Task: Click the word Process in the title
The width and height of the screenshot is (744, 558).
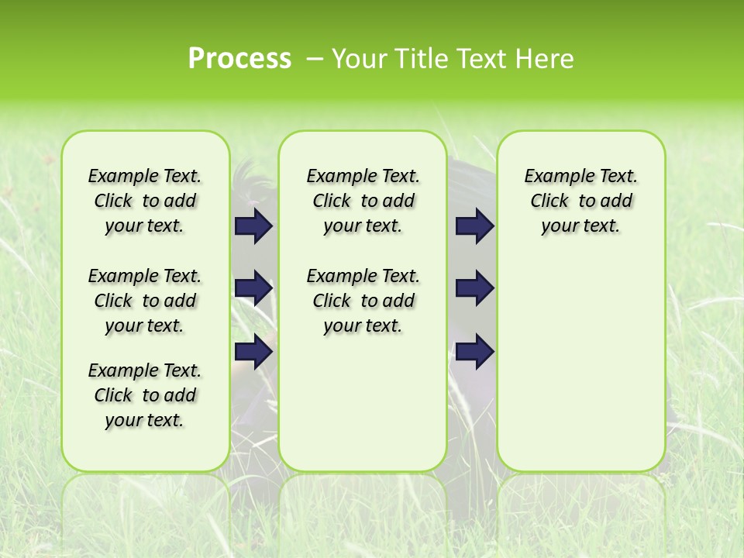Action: tap(239, 59)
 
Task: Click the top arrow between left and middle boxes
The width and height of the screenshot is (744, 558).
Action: tap(253, 226)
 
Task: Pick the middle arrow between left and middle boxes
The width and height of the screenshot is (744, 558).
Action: tap(253, 288)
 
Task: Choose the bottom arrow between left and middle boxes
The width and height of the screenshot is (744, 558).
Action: tap(253, 351)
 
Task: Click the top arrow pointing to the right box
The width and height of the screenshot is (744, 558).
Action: tap(475, 226)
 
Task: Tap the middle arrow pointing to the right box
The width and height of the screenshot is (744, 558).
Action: tap(475, 288)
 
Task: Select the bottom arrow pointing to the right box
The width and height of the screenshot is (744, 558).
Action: tap(475, 351)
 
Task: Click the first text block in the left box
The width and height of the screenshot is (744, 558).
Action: tap(145, 201)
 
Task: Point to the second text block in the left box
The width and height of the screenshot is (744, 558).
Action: tap(145, 301)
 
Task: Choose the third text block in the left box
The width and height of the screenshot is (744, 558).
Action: tap(145, 395)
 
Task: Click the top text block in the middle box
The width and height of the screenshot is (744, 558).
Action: tap(363, 201)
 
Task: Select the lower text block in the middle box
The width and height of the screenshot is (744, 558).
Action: tap(363, 301)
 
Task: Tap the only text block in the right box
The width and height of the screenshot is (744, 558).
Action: tap(580, 201)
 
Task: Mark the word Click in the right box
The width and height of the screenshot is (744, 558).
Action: tap(549, 201)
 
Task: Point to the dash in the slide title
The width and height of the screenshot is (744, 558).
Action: tap(315, 59)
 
